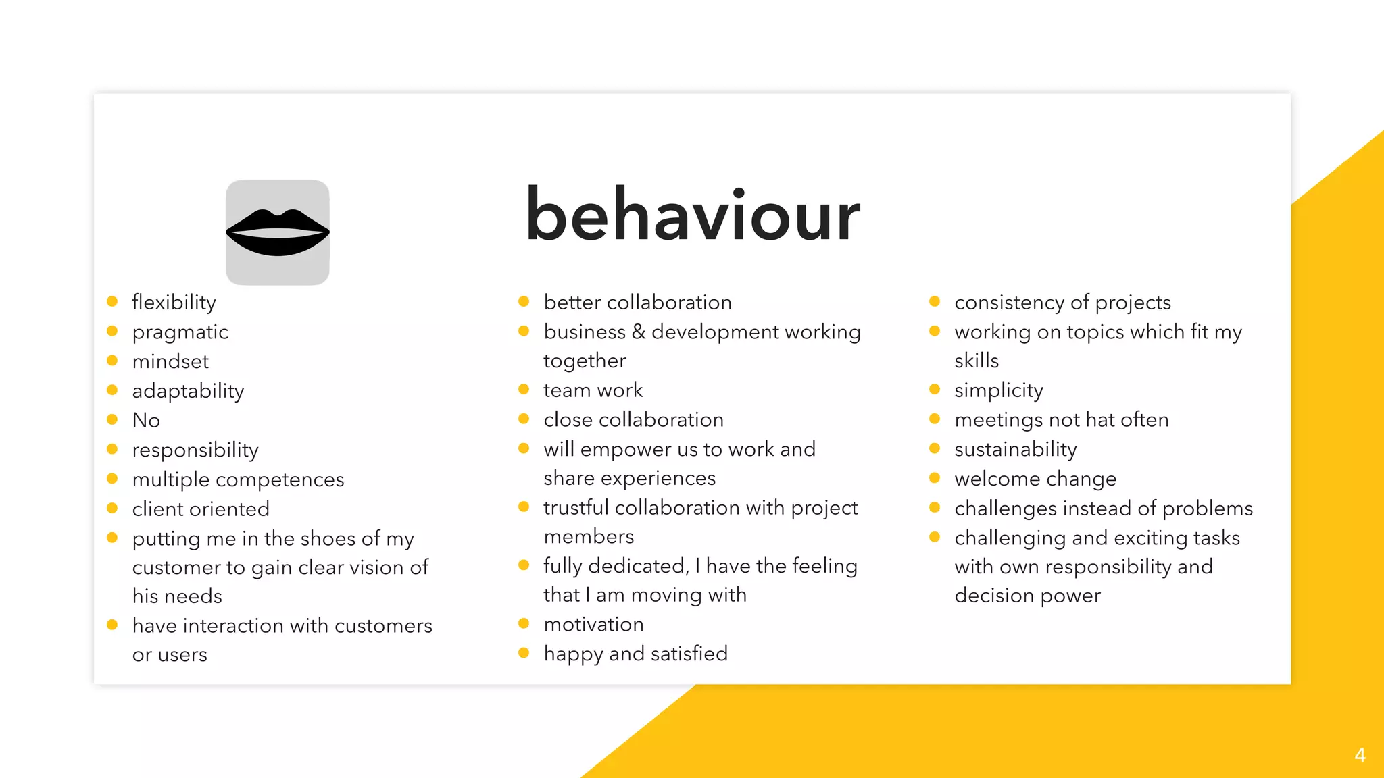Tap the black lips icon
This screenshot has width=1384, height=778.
click(x=277, y=233)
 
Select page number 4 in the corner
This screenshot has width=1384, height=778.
click(x=1360, y=755)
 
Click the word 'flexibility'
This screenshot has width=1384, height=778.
click(x=174, y=302)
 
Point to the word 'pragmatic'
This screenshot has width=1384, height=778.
click(x=180, y=332)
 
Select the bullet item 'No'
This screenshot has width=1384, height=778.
click(x=146, y=420)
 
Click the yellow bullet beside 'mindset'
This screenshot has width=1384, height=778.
click(x=112, y=361)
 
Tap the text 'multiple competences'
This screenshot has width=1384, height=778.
click(x=238, y=479)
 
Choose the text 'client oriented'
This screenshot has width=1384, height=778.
click(x=201, y=509)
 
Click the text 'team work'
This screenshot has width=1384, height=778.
click(x=593, y=390)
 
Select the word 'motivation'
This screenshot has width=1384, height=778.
click(x=593, y=624)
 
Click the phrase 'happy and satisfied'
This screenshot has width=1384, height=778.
click(x=635, y=654)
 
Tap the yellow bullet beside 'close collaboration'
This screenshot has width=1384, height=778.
click(x=523, y=419)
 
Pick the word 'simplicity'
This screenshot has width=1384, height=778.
click(x=998, y=390)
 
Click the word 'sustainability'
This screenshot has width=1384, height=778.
click(x=1015, y=449)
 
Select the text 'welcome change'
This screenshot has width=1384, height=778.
click(x=1035, y=479)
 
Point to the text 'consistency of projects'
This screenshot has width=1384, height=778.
click(x=1062, y=302)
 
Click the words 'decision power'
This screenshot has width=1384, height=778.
click(x=1027, y=596)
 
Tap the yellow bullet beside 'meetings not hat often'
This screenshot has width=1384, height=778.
click(x=935, y=419)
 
